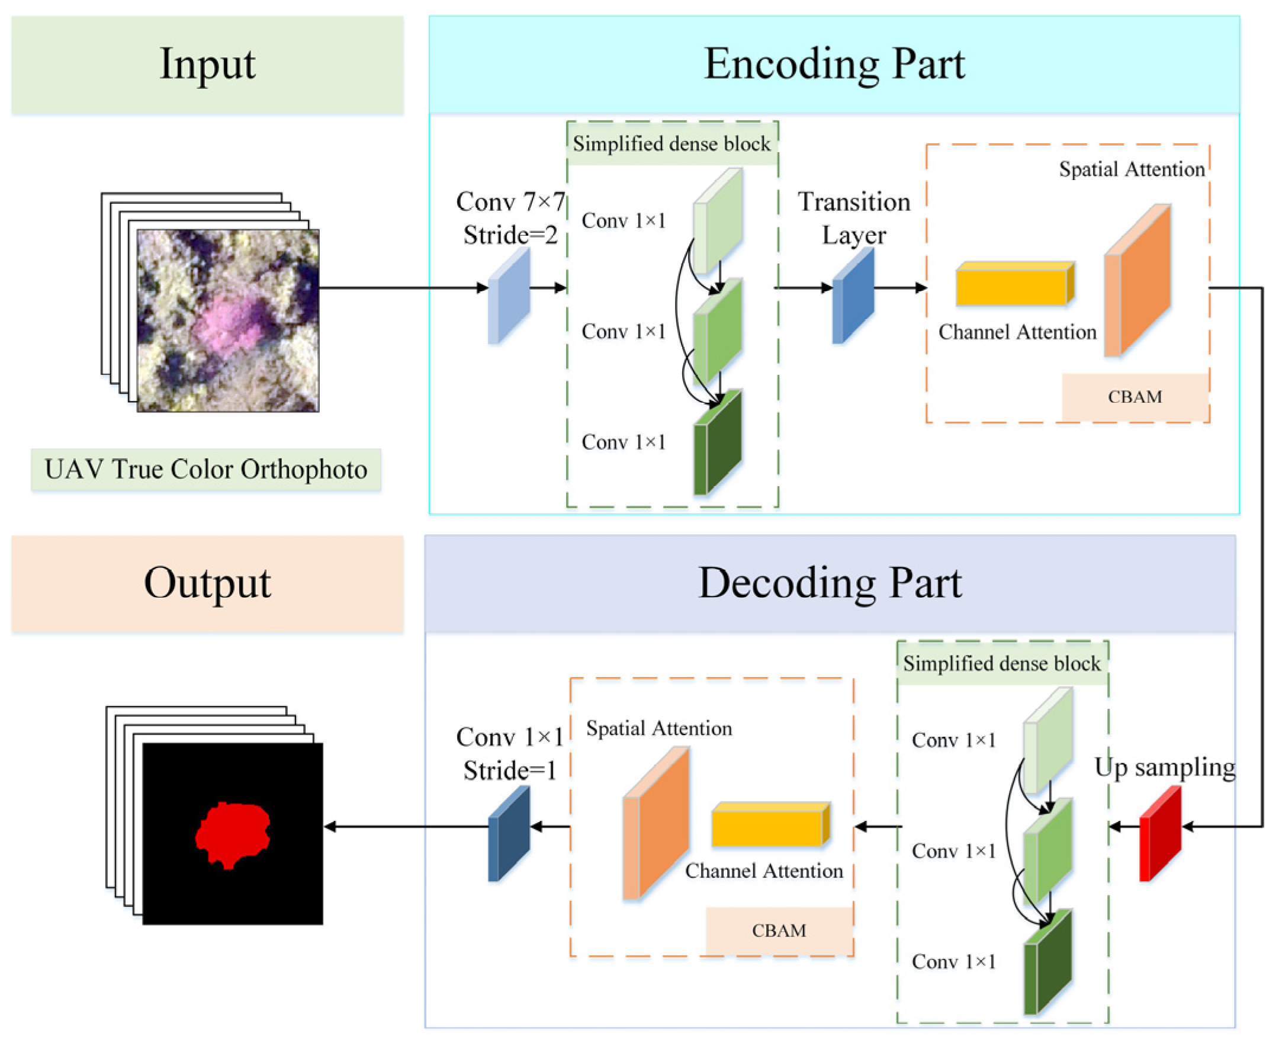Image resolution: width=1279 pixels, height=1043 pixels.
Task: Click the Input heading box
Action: (x=207, y=65)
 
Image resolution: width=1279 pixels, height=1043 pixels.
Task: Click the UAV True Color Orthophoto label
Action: (x=205, y=470)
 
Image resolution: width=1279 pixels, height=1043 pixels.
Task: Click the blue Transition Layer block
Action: (x=853, y=296)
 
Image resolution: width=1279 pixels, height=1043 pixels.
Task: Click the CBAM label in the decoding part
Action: (x=779, y=930)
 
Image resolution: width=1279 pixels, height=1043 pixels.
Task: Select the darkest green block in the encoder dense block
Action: (x=718, y=444)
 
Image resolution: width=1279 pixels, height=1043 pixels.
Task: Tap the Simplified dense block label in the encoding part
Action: (x=671, y=143)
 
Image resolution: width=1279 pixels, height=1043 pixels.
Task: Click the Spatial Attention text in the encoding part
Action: (x=1131, y=169)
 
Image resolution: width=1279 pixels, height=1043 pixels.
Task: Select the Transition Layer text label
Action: (x=853, y=218)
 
